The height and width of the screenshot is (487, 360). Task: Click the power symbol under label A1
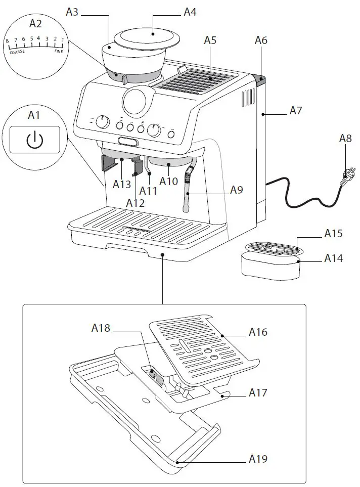[34, 140]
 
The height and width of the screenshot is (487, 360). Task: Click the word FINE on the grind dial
[59, 51]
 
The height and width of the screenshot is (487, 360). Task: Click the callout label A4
[190, 11]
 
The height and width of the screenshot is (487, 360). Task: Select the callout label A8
[345, 139]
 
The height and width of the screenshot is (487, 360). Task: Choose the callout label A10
[168, 180]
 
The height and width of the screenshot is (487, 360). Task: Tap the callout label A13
[122, 184]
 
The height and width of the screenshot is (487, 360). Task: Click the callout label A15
[333, 234]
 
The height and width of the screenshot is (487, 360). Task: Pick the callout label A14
[333, 258]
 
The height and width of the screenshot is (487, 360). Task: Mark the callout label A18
[101, 328]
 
